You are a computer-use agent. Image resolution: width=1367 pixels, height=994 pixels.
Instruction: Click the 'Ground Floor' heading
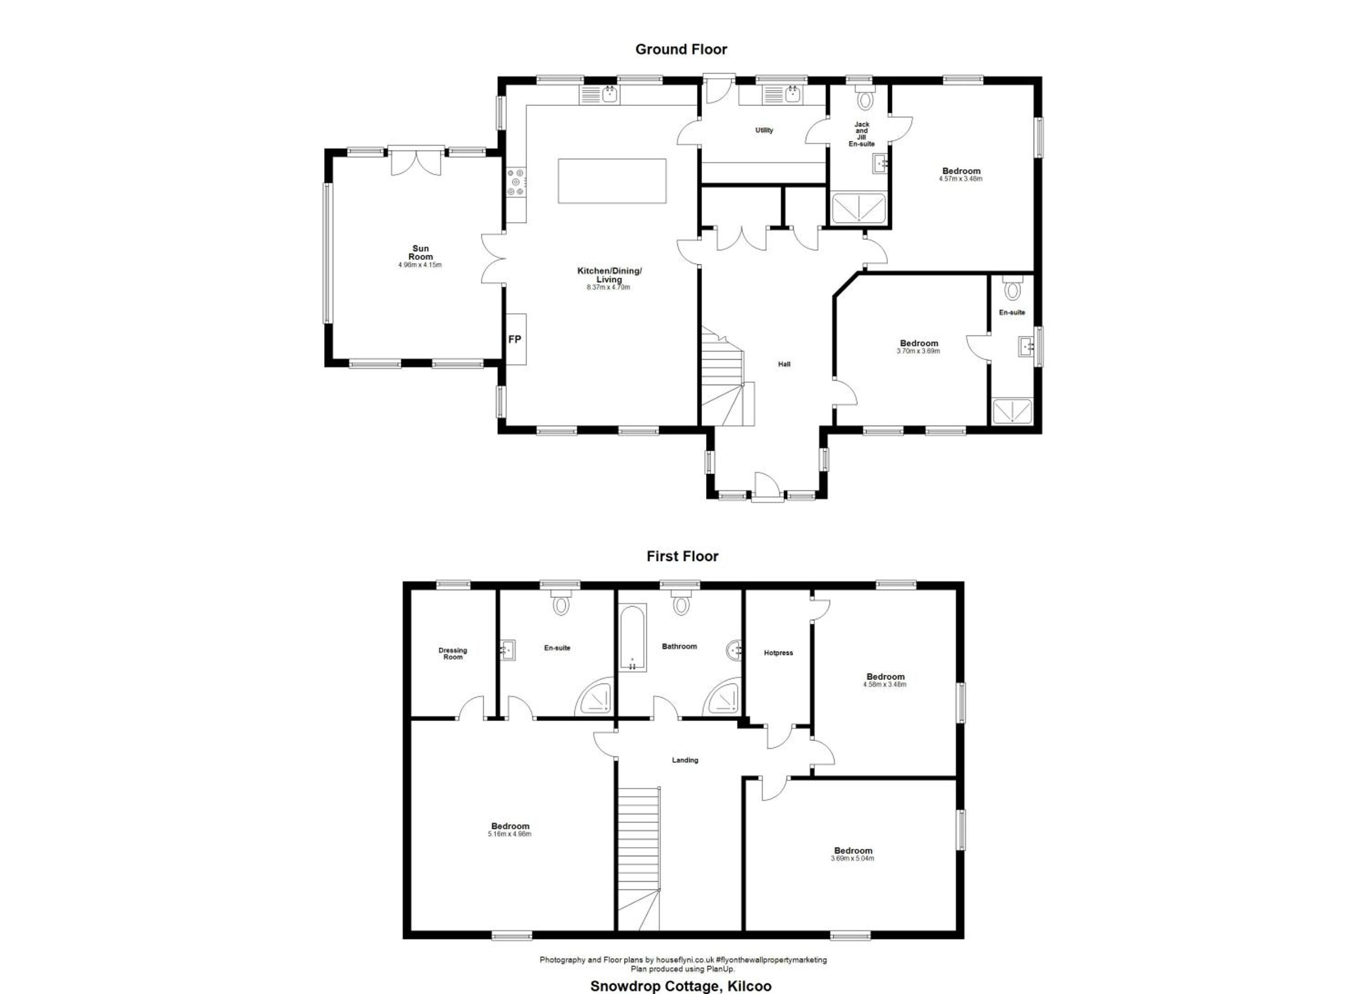click(x=681, y=49)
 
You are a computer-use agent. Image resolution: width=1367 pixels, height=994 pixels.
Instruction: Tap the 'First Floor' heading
click(x=682, y=556)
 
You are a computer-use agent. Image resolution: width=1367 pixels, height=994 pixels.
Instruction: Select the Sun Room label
click(x=420, y=252)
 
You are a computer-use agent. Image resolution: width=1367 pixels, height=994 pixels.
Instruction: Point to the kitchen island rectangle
click(x=612, y=181)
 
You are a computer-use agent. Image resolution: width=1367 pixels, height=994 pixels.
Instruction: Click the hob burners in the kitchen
click(x=516, y=183)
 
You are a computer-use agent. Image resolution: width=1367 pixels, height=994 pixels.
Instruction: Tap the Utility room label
click(x=764, y=130)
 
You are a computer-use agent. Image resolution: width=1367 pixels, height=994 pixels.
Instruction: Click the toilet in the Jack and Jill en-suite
click(x=865, y=97)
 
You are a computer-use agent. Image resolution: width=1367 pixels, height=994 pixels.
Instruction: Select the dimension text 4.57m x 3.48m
click(x=961, y=179)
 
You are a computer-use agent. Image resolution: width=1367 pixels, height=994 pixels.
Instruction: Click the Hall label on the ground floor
click(x=784, y=364)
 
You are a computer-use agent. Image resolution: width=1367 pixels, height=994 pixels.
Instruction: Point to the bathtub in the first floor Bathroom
click(x=633, y=637)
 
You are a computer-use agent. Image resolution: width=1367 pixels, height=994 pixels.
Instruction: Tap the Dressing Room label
click(x=452, y=654)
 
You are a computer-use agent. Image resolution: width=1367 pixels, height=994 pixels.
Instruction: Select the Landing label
click(x=685, y=760)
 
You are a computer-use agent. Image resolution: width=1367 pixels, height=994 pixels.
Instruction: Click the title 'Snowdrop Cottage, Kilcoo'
click(x=680, y=986)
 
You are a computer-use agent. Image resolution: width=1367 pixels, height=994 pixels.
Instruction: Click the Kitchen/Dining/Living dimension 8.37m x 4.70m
click(x=608, y=288)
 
